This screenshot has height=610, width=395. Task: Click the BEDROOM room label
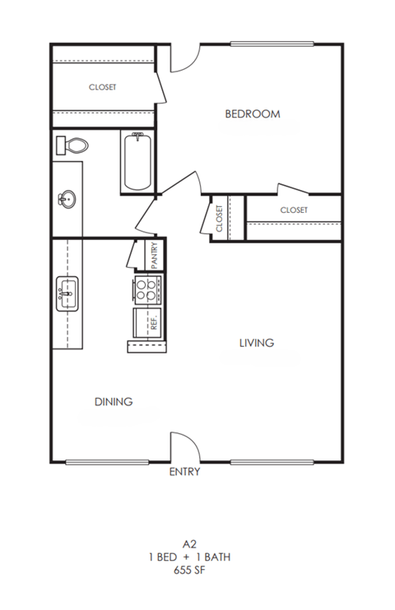pos(253,114)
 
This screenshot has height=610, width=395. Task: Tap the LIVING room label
pos(256,342)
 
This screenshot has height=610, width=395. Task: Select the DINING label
pos(114,401)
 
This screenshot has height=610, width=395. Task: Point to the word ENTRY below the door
pos(184,473)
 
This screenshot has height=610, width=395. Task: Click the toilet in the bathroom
pos(72,146)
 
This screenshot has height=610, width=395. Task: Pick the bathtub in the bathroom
pos(137,162)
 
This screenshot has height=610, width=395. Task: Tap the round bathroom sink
pos(67,198)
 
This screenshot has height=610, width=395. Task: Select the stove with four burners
pos(146,289)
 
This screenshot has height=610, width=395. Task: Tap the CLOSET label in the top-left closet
pos(103,87)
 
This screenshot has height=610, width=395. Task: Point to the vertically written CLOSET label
pos(220,219)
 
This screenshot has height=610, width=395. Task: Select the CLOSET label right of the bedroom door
pos(294,210)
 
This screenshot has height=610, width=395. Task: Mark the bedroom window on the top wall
pos(273,44)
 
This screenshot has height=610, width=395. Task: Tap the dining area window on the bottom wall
pos(96,461)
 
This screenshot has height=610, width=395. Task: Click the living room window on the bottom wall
pos(272,461)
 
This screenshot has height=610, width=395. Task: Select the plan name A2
pos(190,543)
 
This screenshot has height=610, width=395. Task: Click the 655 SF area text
pos(190,569)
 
